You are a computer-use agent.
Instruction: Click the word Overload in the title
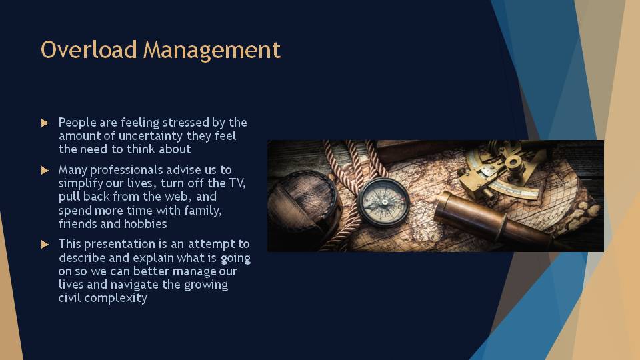point(89,49)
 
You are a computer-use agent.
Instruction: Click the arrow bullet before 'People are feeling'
point(45,123)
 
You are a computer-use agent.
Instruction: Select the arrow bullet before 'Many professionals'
point(45,170)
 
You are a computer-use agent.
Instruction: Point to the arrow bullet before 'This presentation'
point(45,245)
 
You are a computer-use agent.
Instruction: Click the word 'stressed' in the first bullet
point(186,123)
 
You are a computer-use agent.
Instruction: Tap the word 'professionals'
point(127,170)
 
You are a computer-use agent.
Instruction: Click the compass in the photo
point(384,202)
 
